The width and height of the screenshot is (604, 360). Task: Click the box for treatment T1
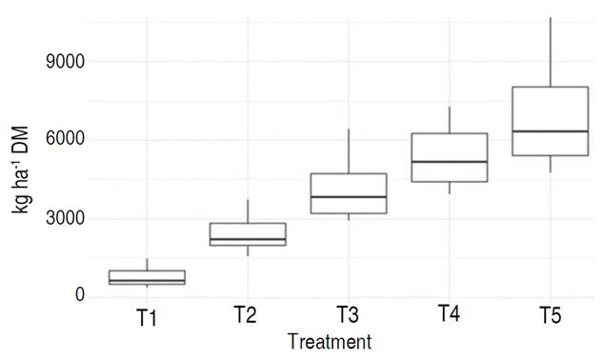[x=147, y=277]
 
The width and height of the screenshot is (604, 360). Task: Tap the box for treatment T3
[x=349, y=193]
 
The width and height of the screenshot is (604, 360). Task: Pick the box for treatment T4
[x=450, y=157]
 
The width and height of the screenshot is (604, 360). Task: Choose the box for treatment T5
[x=551, y=121]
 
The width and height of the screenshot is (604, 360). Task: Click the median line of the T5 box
[x=551, y=131]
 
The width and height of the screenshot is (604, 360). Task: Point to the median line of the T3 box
[x=349, y=197]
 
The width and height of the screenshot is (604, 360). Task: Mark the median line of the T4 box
[x=450, y=162]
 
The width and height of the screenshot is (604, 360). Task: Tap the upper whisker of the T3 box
[x=349, y=151]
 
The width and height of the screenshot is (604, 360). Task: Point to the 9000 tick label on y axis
[x=67, y=62]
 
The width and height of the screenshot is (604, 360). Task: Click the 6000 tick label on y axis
[x=67, y=140]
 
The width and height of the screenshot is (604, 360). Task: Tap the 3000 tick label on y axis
[x=67, y=218]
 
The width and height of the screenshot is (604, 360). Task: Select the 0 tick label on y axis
[x=81, y=296]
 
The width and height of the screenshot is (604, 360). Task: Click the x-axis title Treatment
[x=329, y=341]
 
